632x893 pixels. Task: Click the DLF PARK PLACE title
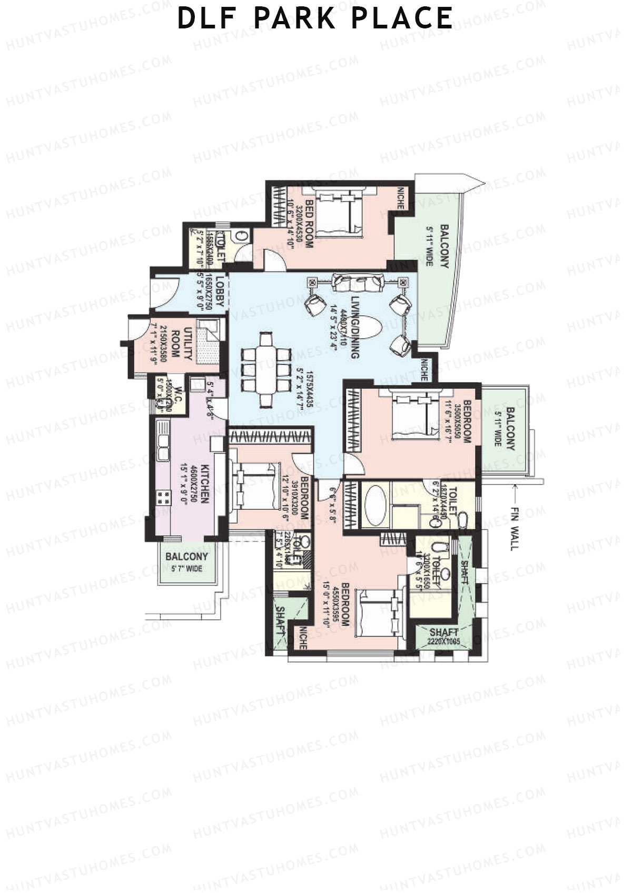tap(315, 18)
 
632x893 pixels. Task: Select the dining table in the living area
tap(266, 369)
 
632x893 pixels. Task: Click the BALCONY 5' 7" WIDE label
tap(187, 562)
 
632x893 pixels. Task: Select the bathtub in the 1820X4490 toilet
tap(375, 501)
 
